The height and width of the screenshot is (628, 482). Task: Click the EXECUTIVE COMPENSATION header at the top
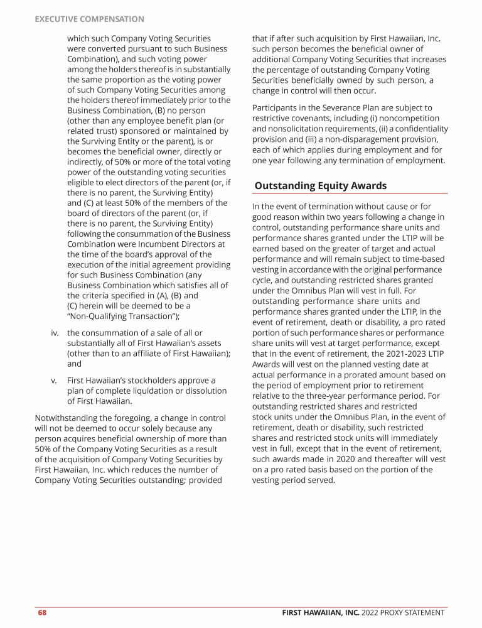89,19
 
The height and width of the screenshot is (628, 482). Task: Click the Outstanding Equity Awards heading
320,186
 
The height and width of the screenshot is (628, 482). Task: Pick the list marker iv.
55,333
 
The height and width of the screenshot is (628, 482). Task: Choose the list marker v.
55,381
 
